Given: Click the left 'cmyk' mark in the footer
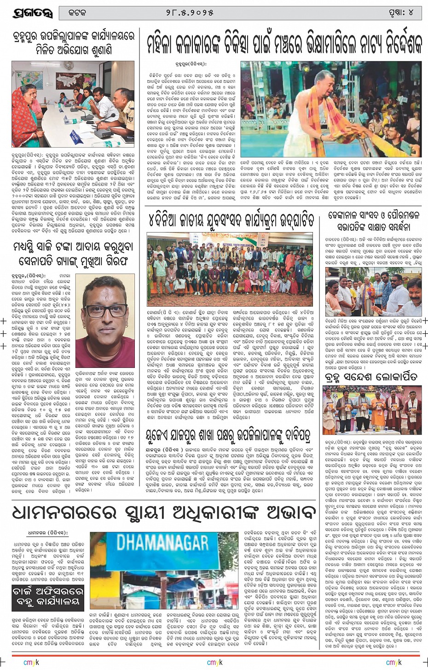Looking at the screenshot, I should click(31, 662).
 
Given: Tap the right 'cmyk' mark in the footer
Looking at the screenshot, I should click(393, 662).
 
